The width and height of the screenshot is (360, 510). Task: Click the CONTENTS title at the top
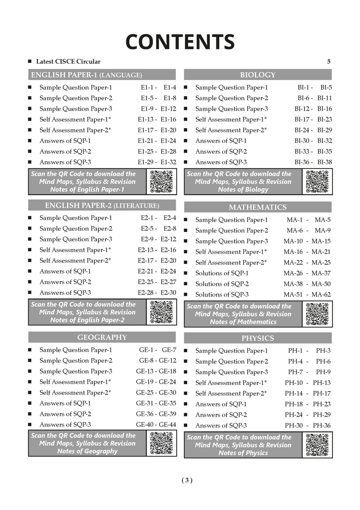[180, 42]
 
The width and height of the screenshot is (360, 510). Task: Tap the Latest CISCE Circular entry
[68, 62]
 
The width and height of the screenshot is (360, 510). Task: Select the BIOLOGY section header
[258, 75]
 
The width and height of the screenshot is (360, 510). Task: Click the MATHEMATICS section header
[258, 207]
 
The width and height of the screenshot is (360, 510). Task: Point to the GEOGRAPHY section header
[102, 337]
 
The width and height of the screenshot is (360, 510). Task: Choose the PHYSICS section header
[258, 338]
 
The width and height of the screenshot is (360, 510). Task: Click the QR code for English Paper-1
[161, 181]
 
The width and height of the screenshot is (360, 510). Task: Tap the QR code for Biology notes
[317, 181]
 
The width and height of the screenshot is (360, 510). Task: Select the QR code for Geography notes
[161, 443]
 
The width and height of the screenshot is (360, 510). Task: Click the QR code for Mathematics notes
[317, 314]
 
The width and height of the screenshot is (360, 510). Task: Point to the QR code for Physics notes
[317, 445]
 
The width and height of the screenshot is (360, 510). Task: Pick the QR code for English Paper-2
[161, 312]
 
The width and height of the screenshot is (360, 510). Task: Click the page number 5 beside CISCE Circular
[329, 62]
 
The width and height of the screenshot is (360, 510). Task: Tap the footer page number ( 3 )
[187, 480]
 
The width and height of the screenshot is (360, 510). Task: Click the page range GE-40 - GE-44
[156, 425]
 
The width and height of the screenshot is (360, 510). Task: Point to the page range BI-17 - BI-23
[313, 120]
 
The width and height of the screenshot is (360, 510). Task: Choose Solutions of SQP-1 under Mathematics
[222, 273]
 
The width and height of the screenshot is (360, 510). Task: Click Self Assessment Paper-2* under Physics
[231, 393]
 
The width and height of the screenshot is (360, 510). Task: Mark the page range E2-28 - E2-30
[157, 293]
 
